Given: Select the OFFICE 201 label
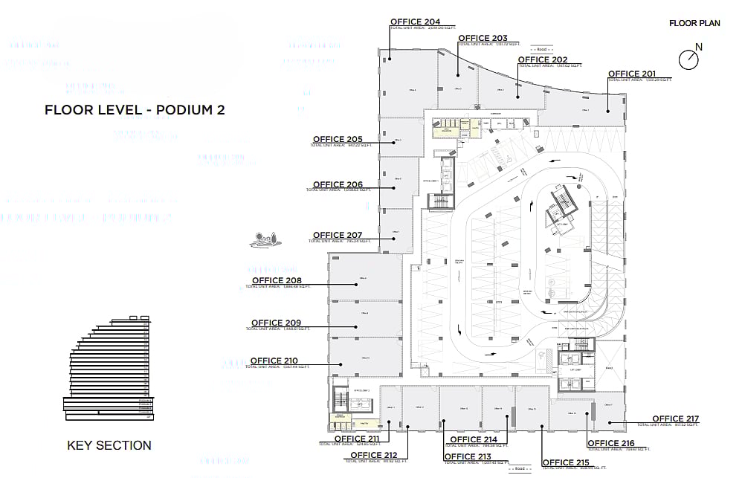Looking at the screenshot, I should [x=632, y=74].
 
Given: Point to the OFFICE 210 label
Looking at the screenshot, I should [x=274, y=361].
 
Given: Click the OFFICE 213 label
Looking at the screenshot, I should [x=468, y=456].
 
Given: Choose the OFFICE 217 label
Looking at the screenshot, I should [x=676, y=419].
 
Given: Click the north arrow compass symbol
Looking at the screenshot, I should [x=688, y=58].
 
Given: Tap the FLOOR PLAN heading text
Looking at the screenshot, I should [x=694, y=24].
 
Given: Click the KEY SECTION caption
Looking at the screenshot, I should [x=109, y=446].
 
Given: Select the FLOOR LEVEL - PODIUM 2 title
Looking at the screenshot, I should [x=135, y=110].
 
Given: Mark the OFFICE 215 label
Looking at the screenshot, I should [x=566, y=463].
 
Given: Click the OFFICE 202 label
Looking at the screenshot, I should [x=543, y=59].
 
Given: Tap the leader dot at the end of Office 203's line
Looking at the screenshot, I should [x=458, y=74].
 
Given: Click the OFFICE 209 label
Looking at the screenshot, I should [x=277, y=323].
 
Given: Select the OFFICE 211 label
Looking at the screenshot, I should [x=357, y=439].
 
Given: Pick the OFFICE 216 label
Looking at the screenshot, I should [x=610, y=444].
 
